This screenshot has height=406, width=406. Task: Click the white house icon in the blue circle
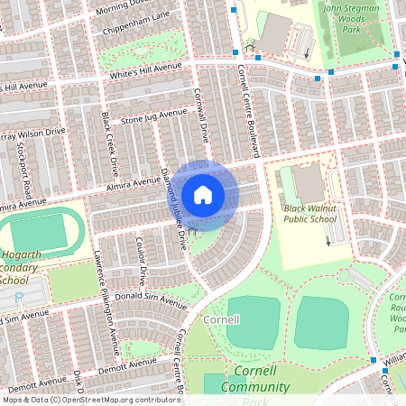[203, 195]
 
